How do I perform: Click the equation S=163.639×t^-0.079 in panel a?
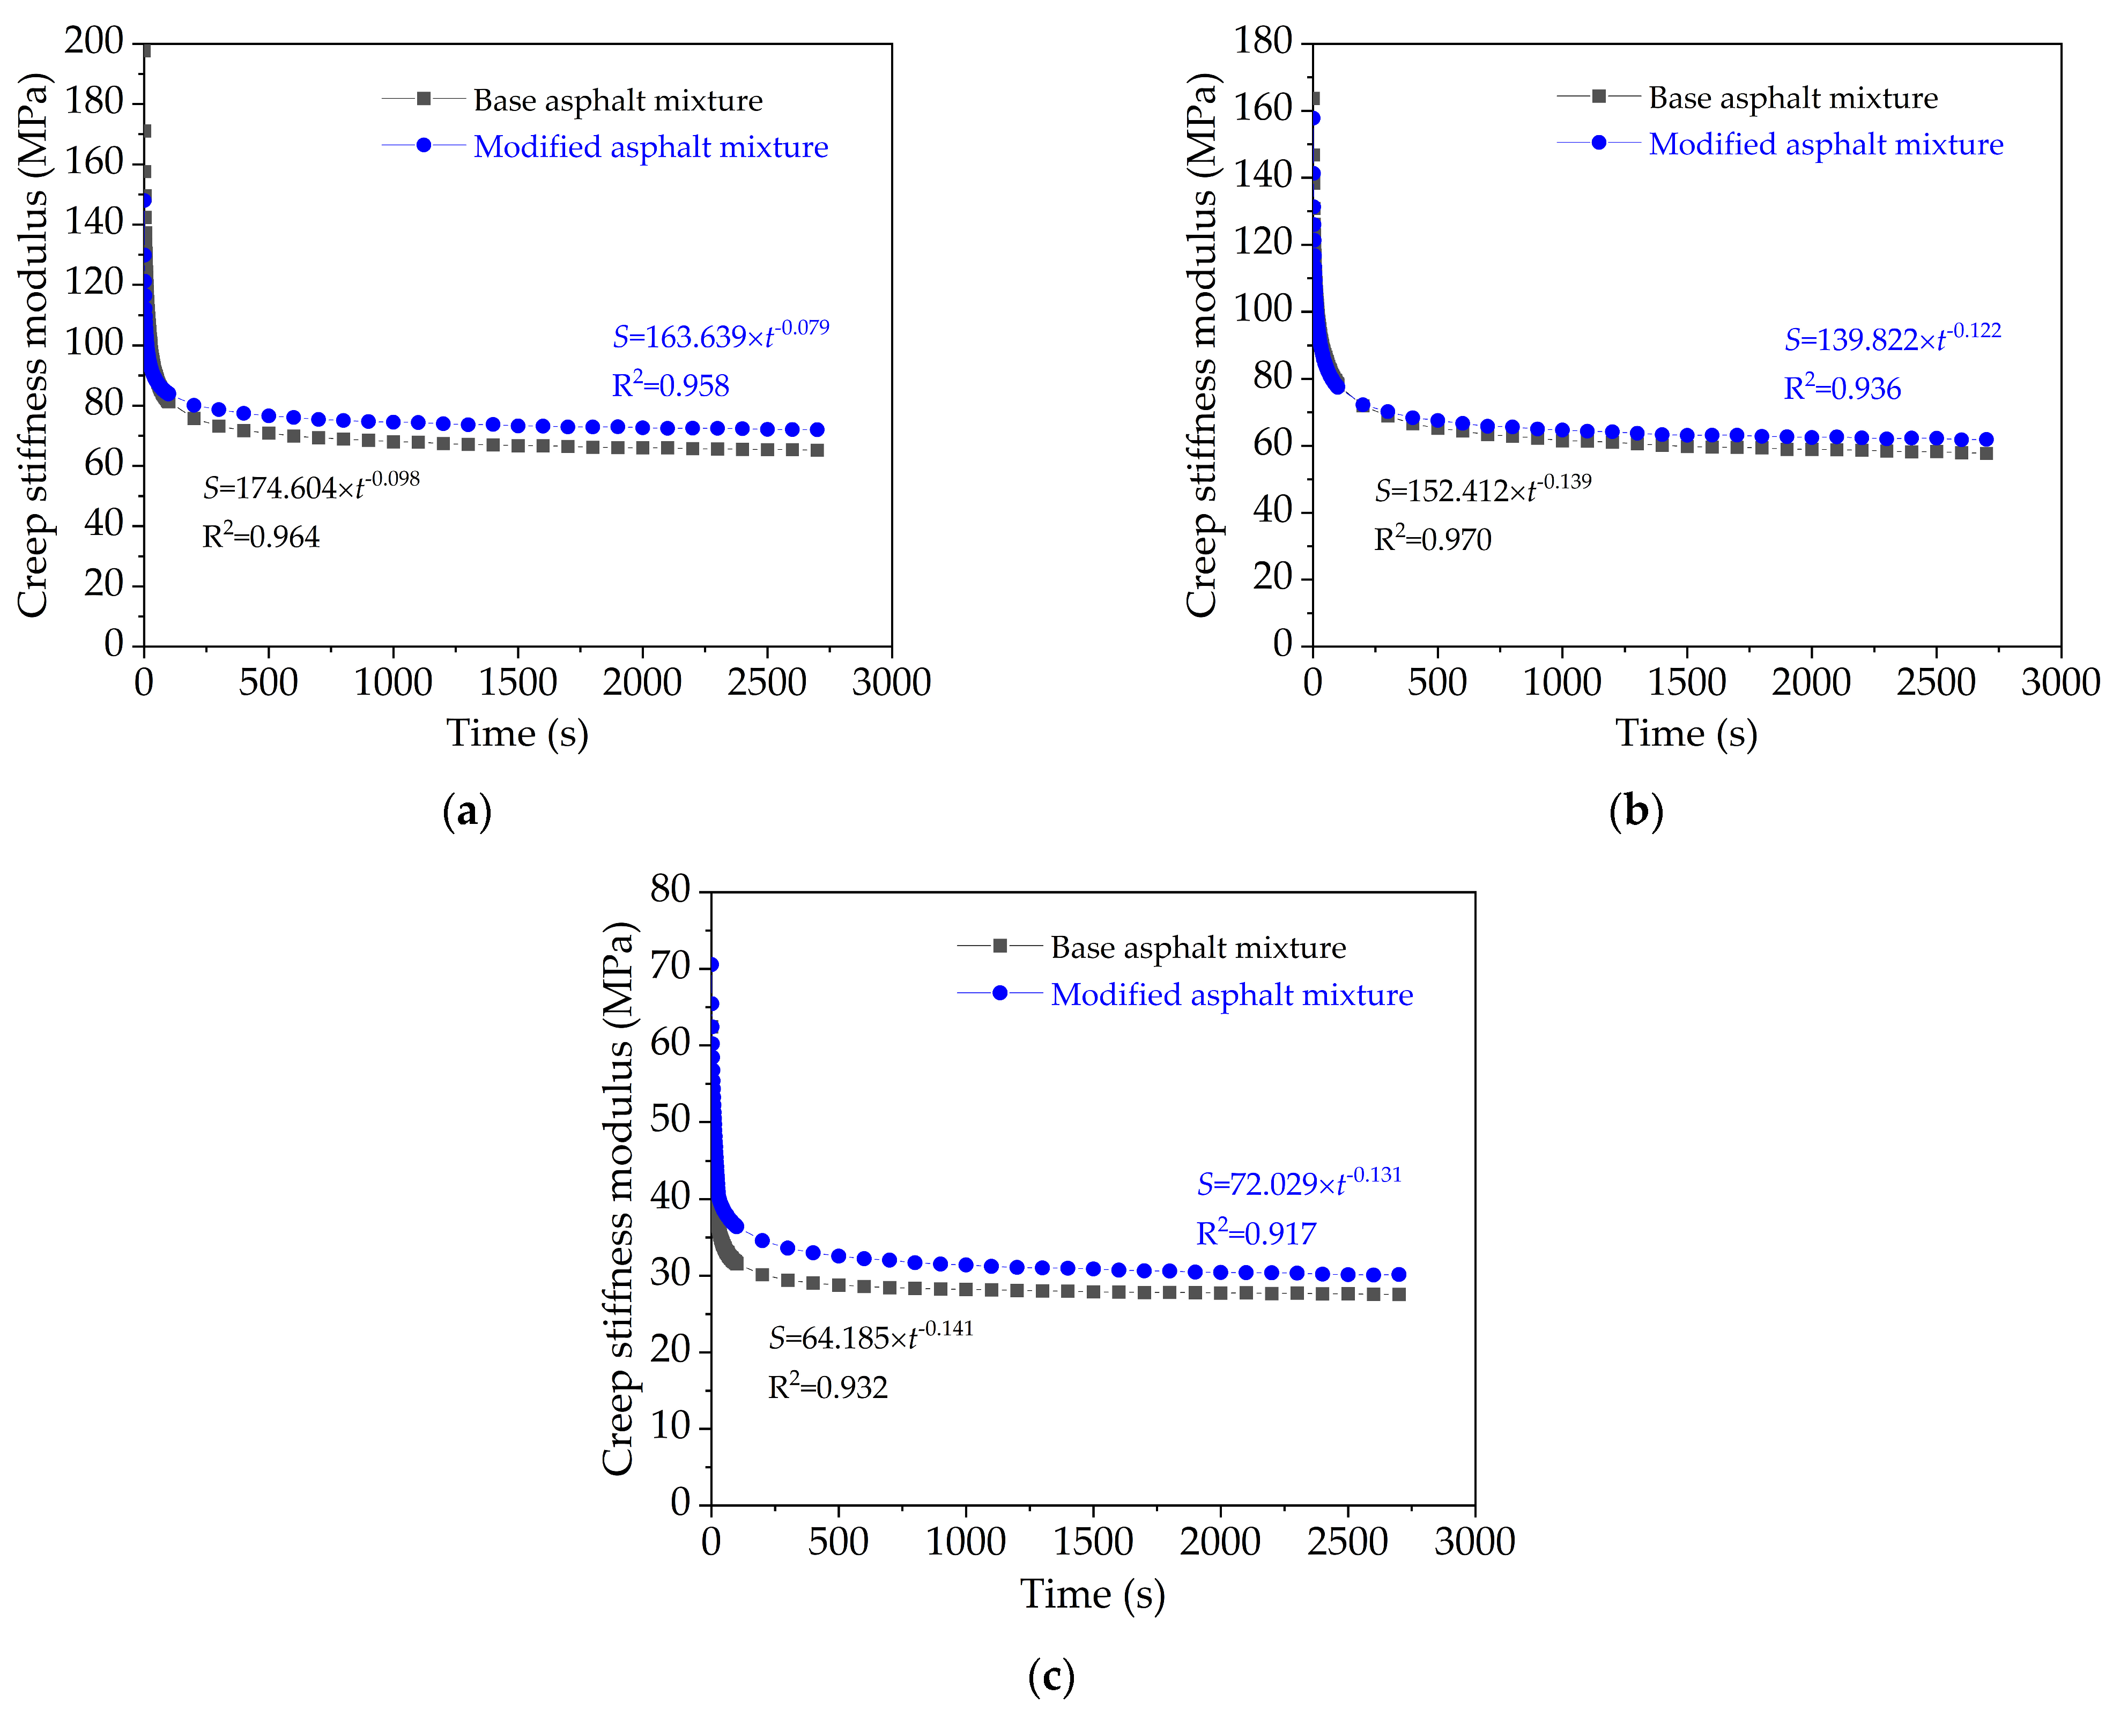720,336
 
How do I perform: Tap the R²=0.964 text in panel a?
261,537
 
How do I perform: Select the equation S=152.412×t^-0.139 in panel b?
1482,489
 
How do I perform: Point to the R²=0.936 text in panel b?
1842,388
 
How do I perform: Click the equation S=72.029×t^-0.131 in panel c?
1299,1183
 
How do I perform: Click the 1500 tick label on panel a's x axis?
518,682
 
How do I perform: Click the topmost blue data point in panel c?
712,964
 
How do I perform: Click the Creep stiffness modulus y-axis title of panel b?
1202,345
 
